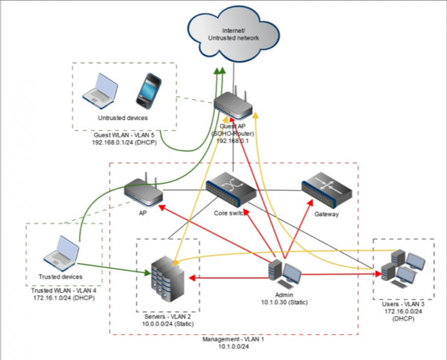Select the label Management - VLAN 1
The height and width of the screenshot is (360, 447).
coord(233,338)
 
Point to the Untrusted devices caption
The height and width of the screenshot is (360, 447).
coord(123,117)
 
